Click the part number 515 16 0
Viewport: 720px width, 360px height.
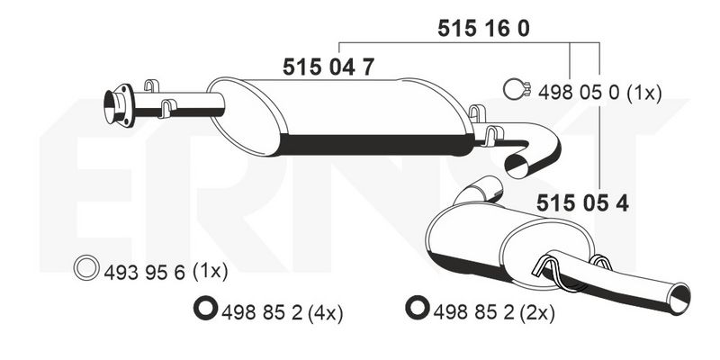(x=483, y=29)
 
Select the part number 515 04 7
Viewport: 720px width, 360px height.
(x=328, y=67)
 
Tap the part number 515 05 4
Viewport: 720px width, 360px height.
(x=582, y=202)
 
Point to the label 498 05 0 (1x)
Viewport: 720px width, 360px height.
(x=599, y=94)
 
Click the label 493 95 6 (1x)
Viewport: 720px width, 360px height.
(x=166, y=273)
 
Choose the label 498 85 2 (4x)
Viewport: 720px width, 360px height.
(x=282, y=313)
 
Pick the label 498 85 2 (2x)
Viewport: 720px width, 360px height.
(x=494, y=313)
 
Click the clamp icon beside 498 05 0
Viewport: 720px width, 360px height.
(x=516, y=89)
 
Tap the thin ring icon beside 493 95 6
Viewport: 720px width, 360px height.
(x=86, y=267)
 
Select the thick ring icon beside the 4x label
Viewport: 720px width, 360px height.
(x=205, y=308)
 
